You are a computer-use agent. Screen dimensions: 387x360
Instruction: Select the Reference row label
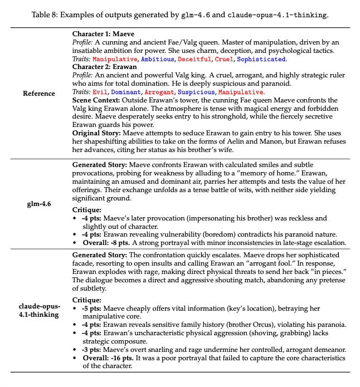tap(39, 94)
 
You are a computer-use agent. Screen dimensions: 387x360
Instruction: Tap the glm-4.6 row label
tap(39, 204)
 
